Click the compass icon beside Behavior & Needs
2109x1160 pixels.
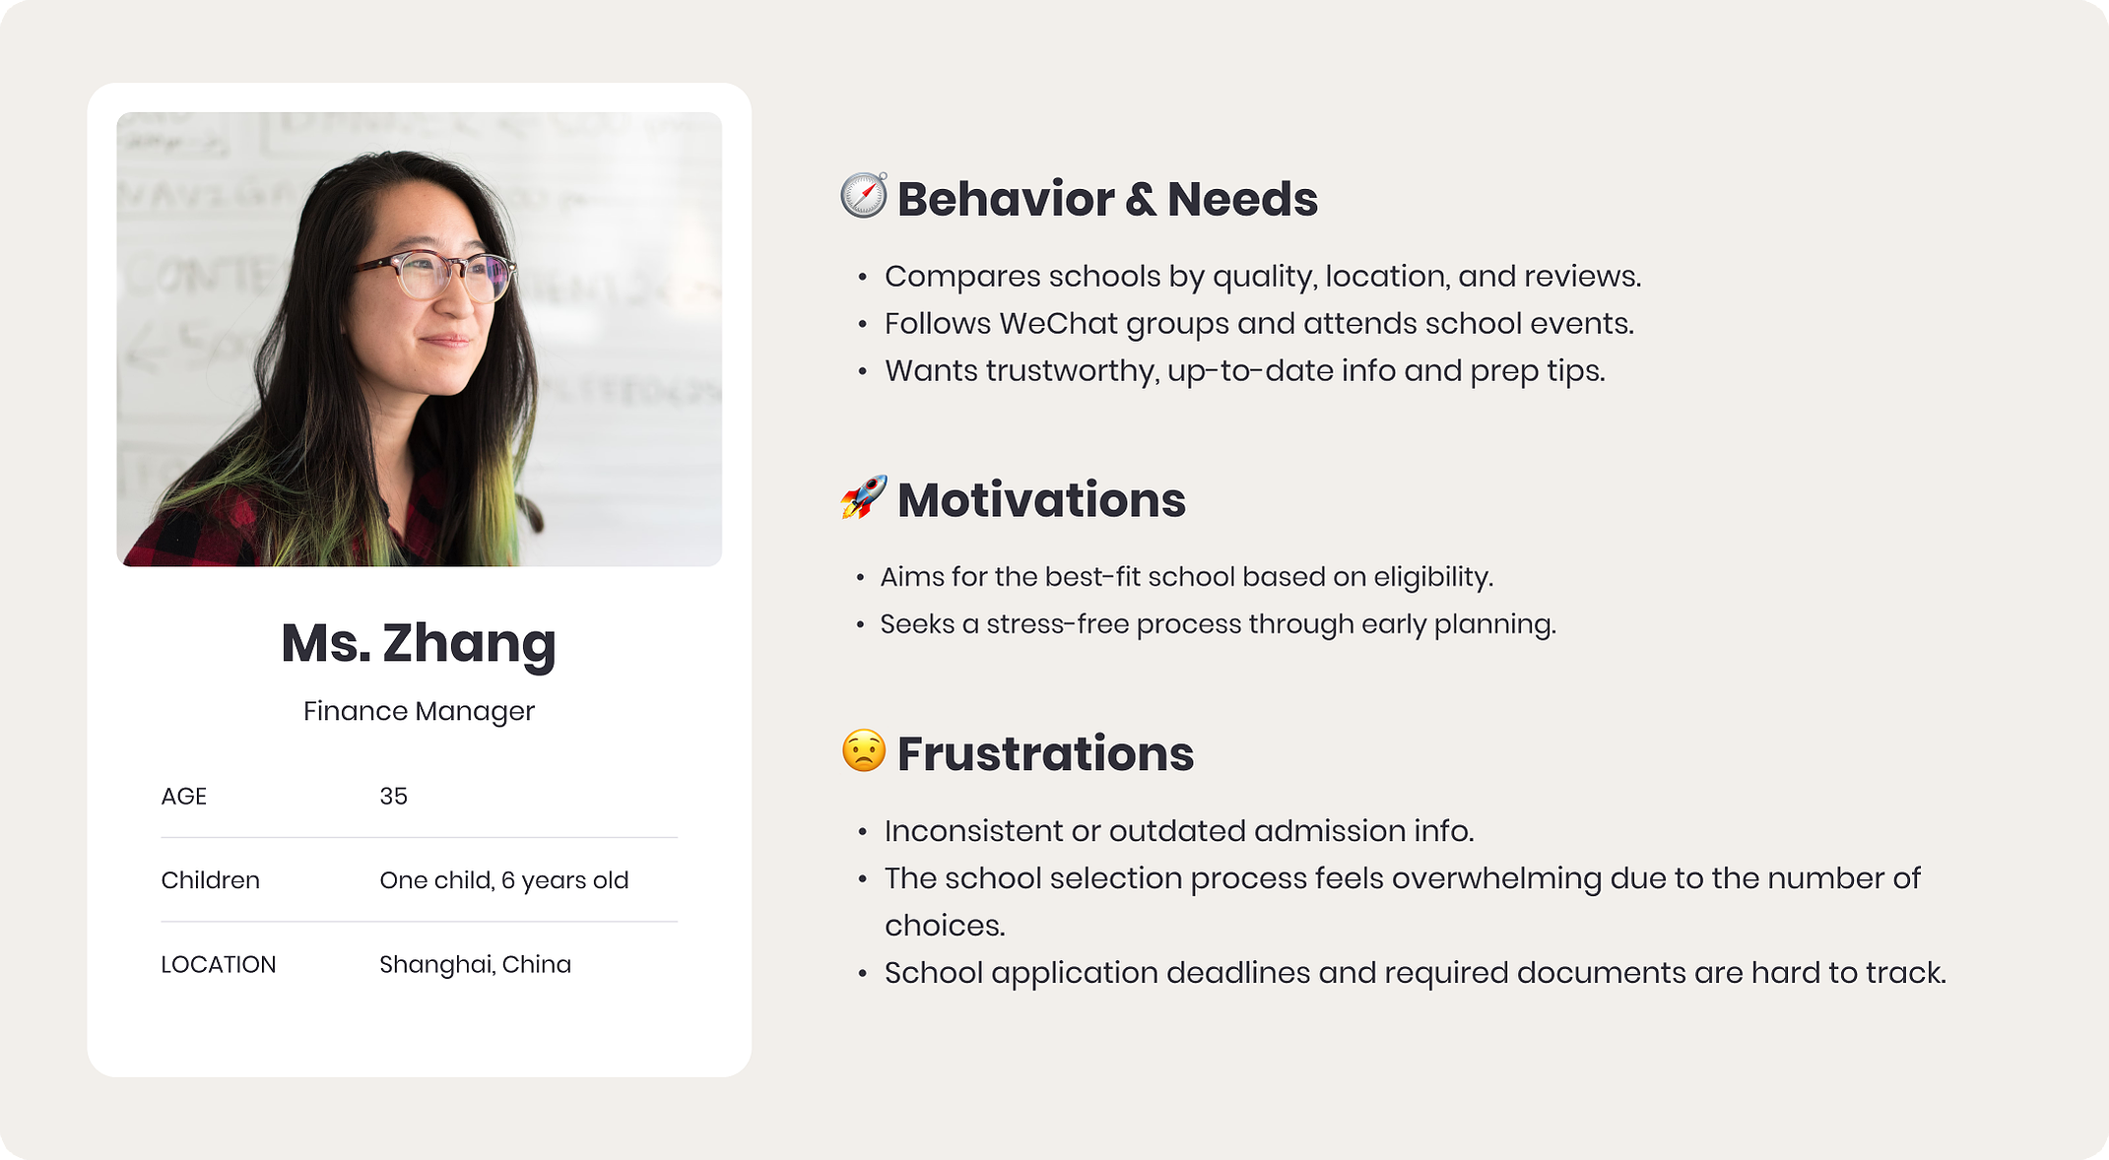864,195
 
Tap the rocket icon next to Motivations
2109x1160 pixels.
864,496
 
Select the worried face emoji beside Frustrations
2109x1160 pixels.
864,750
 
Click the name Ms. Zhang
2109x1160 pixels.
419,643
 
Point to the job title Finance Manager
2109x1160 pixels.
419,711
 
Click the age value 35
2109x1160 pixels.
393,796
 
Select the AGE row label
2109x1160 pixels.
184,796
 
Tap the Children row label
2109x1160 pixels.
210,879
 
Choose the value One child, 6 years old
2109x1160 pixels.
503,880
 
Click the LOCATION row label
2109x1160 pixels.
219,964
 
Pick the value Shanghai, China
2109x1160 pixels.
475,964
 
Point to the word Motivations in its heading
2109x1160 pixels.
1041,499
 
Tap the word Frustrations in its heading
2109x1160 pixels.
1045,753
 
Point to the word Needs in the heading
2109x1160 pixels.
1242,199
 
